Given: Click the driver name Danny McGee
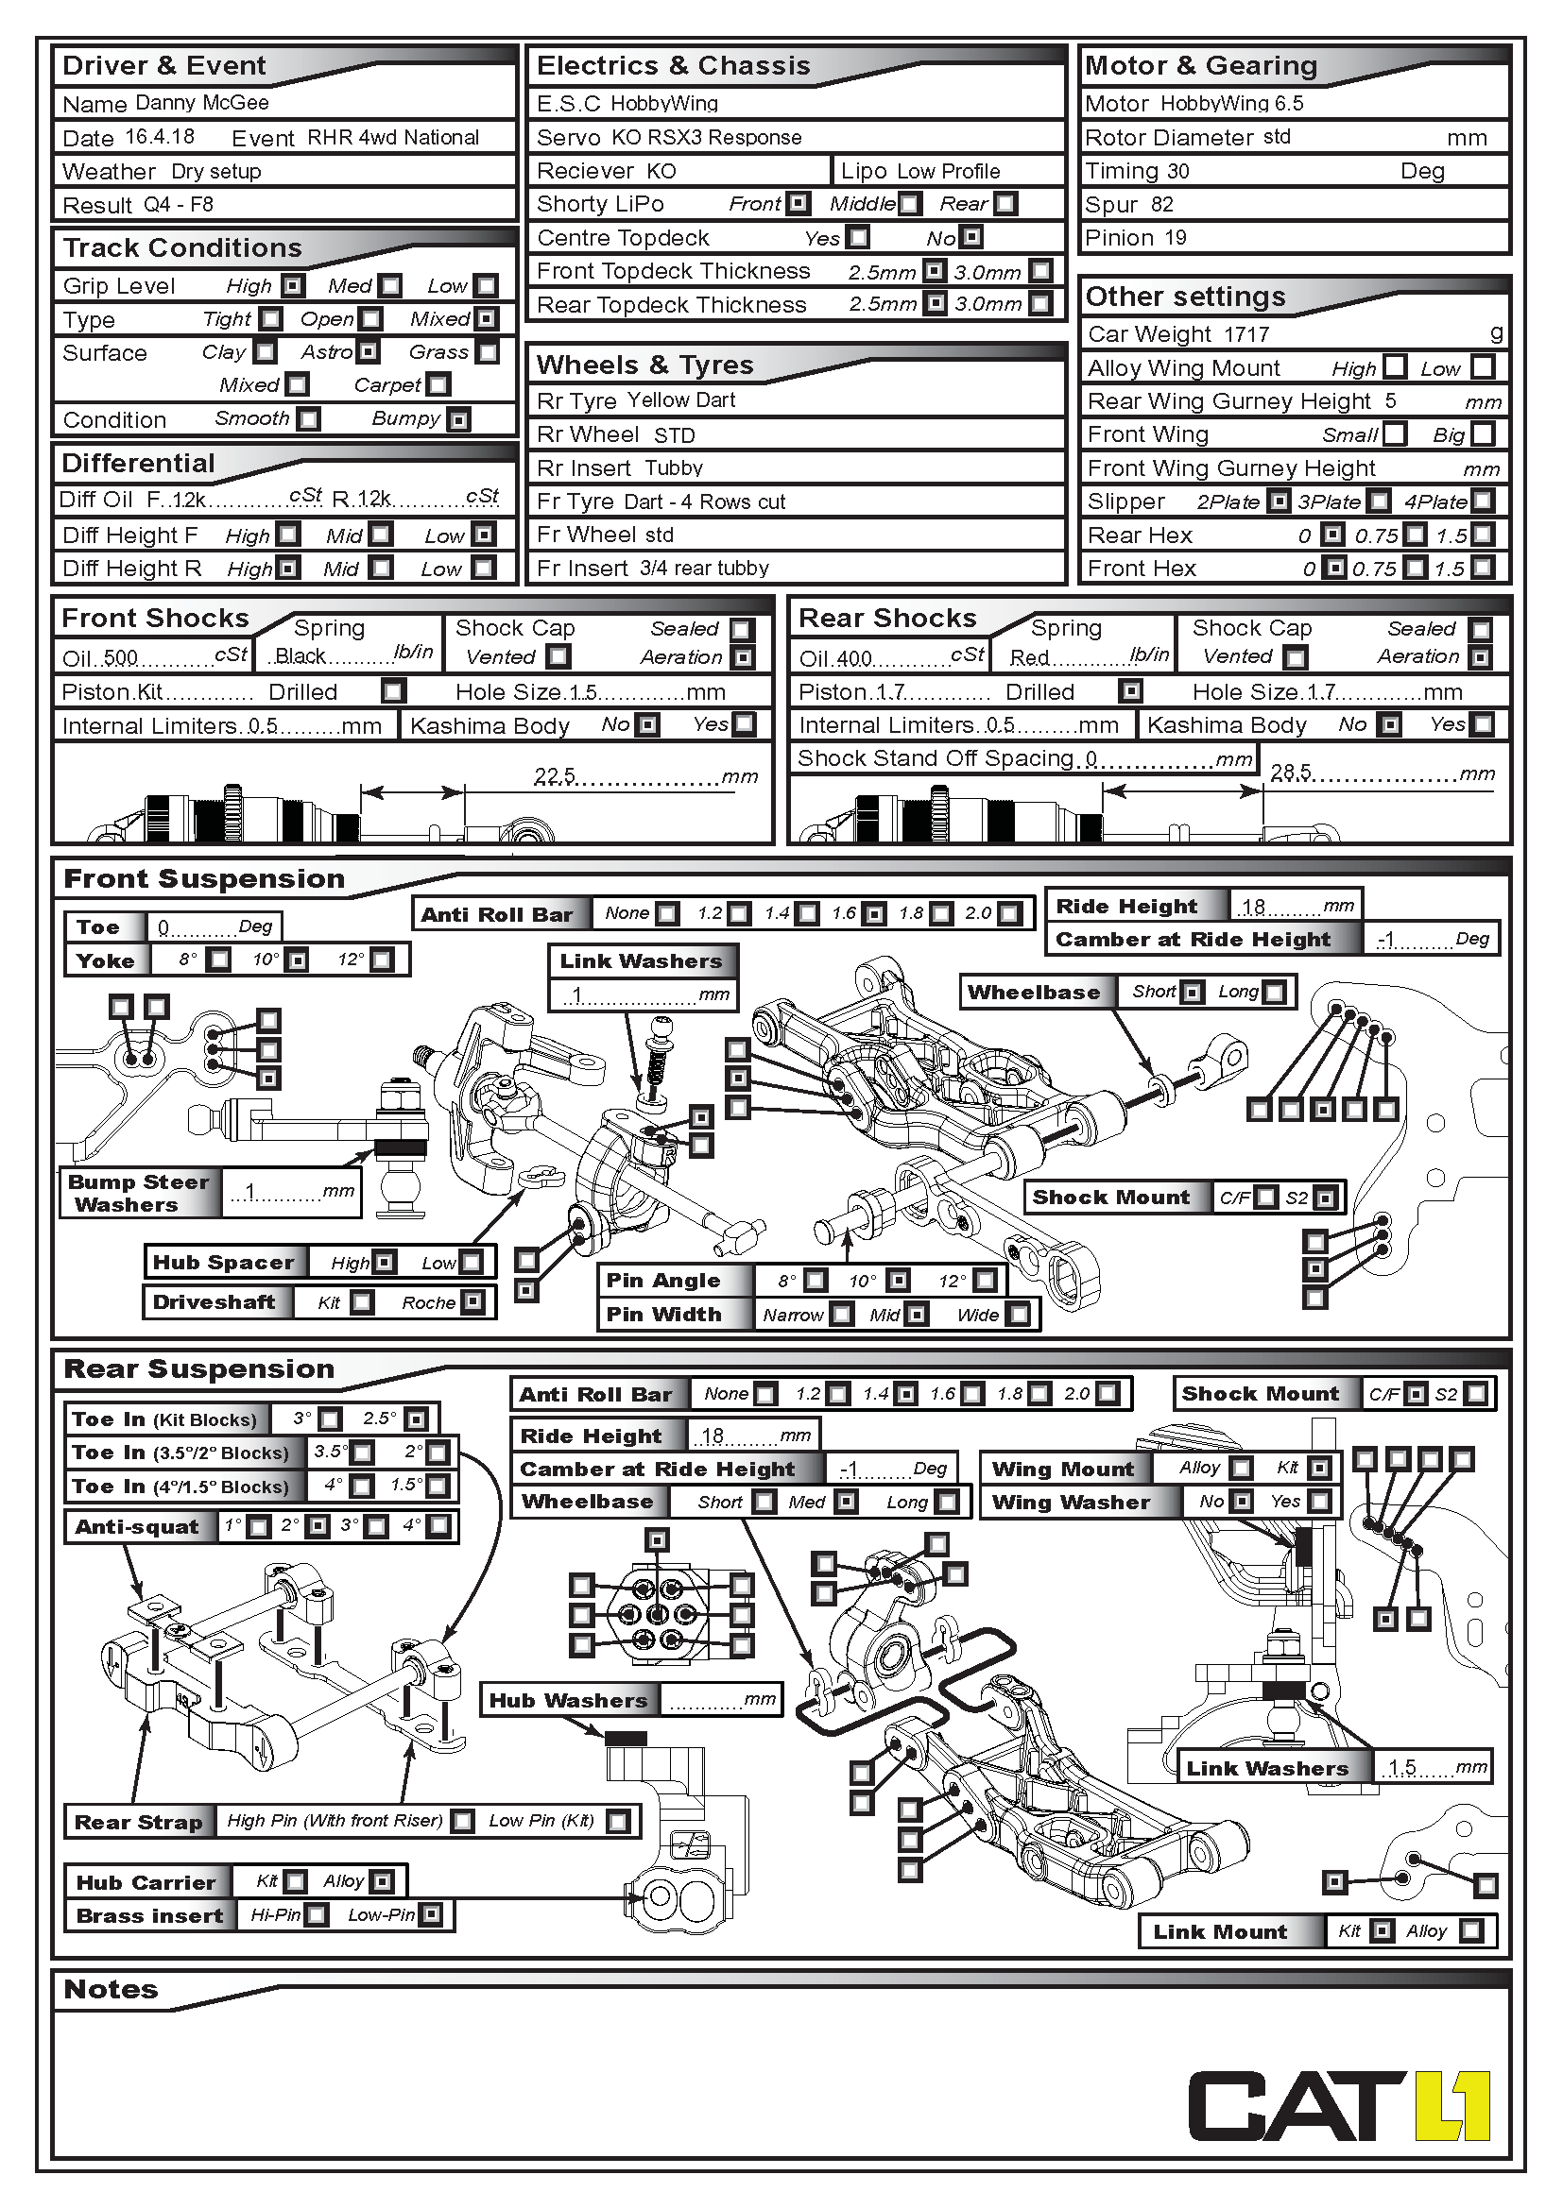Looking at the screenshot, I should pyautogui.click(x=202, y=103).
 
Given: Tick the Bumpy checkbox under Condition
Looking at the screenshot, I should pyautogui.click(x=460, y=420).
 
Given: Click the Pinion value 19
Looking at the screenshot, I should pyautogui.click(x=1176, y=238).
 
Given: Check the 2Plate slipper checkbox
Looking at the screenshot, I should pyautogui.click(x=1279, y=501).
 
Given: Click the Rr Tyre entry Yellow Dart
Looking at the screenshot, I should pyautogui.click(x=681, y=400).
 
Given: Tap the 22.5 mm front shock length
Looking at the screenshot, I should pyautogui.click(x=556, y=775).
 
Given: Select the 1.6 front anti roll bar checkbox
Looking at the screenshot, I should pyautogui.click(x=874, y=914).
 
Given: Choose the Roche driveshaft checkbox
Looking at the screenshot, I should pyautogui.click(x=472, y=1301).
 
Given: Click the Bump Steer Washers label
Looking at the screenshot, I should pyautogui.click(x=139, y=1193).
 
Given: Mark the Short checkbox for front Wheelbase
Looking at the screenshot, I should pyautogui.click(x=1193, y=992).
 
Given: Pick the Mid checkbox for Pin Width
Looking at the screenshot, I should pyautogui.click(x=917, y=1315).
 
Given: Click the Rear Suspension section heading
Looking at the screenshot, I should pyautogui.click(x=199, y=1369).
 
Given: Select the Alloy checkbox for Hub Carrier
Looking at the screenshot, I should pyautogui.click(x=382, y=1881).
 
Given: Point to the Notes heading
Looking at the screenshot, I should pyautogui.click(x=111, y=1990).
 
